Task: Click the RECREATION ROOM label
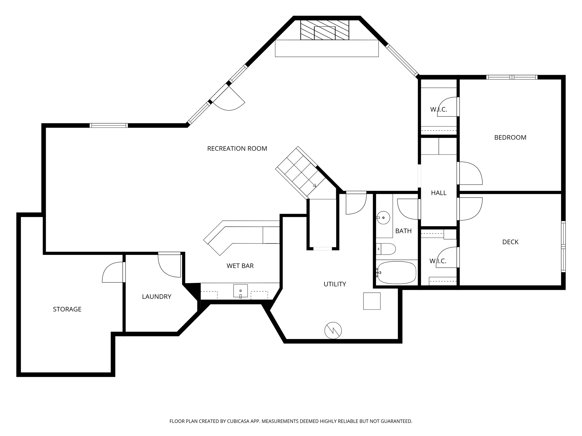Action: (x=237, y=148)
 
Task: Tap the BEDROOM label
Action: (x=510, y=137)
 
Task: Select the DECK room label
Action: (x=510, y=242)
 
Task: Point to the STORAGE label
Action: (x=67, y=309)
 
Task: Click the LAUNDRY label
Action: (x=157, y=297)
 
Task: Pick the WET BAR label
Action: (x=240, y=266)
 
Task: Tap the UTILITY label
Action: (x=335, y=284)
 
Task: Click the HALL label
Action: (x=438, y=193)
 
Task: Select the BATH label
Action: (x=403, y=231)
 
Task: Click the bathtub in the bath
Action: (x=397, y=272)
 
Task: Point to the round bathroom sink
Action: (x=383, y=218)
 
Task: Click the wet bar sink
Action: (x=240, y=291)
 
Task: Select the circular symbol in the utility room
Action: (x=333, y=330)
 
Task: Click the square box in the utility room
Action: (x=372, y=301)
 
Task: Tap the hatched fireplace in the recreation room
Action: (x=325, y=30)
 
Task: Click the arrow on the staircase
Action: (x=314, y=185)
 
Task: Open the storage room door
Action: (x=113, y=272)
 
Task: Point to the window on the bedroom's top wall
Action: (x=512, y=77)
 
